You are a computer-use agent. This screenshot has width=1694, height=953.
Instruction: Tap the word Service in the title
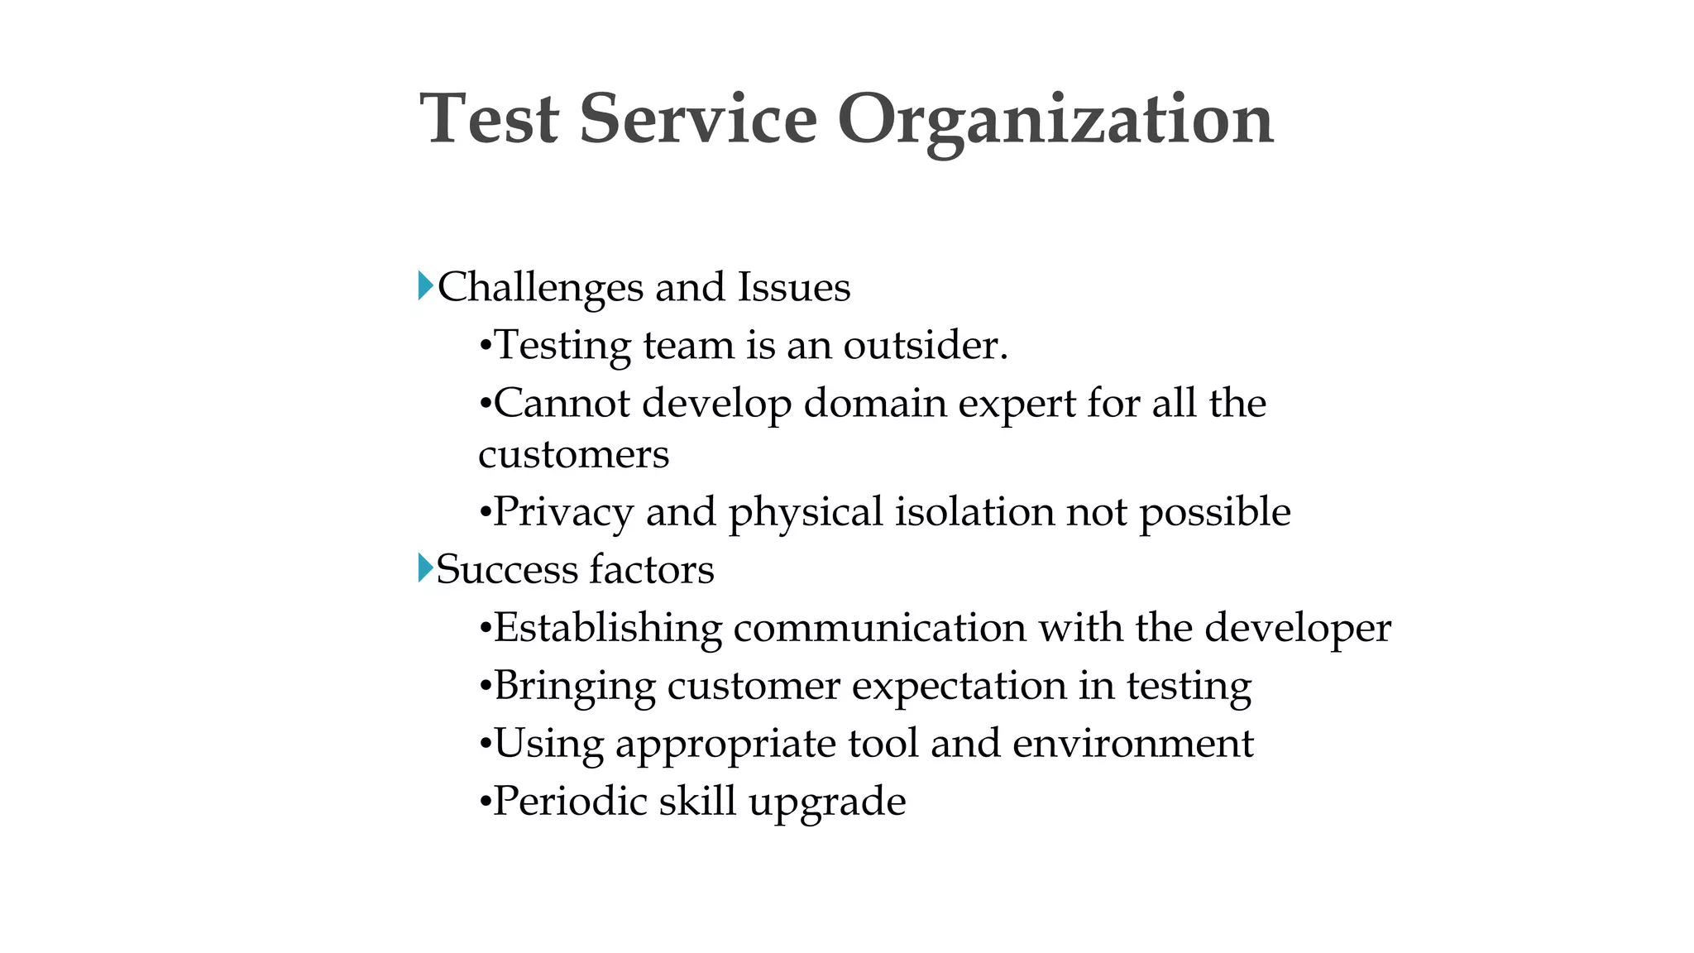point(698,120)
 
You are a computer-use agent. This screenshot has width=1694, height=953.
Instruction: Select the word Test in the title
point(490,120)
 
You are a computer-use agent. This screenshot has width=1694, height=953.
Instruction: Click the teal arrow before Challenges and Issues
point(425,286)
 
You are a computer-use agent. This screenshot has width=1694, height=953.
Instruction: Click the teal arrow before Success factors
point(425,568)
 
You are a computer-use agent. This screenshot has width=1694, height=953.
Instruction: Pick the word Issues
point(794,288)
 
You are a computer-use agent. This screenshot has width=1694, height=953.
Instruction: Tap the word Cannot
point(562,404)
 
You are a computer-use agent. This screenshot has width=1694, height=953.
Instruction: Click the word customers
point(573,455)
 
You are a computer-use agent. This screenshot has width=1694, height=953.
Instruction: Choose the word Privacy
point(563,513)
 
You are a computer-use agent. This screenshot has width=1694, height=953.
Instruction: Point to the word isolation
point(974,511)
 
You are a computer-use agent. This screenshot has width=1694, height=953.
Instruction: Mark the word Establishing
point(607,629)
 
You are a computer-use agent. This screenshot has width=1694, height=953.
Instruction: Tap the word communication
point(879,627)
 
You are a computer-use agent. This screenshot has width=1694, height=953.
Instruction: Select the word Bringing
point(574,687)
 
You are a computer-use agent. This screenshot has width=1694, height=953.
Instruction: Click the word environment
point(1132,743)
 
